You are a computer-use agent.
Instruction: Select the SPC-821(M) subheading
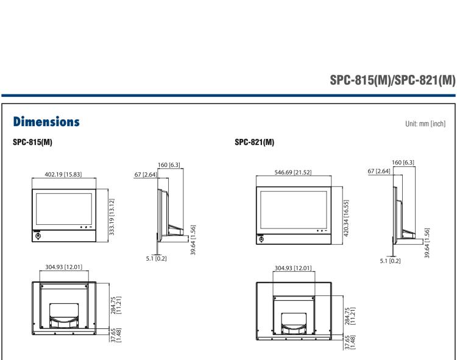point(254,142)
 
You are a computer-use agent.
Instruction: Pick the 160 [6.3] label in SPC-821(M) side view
point(404,161)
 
